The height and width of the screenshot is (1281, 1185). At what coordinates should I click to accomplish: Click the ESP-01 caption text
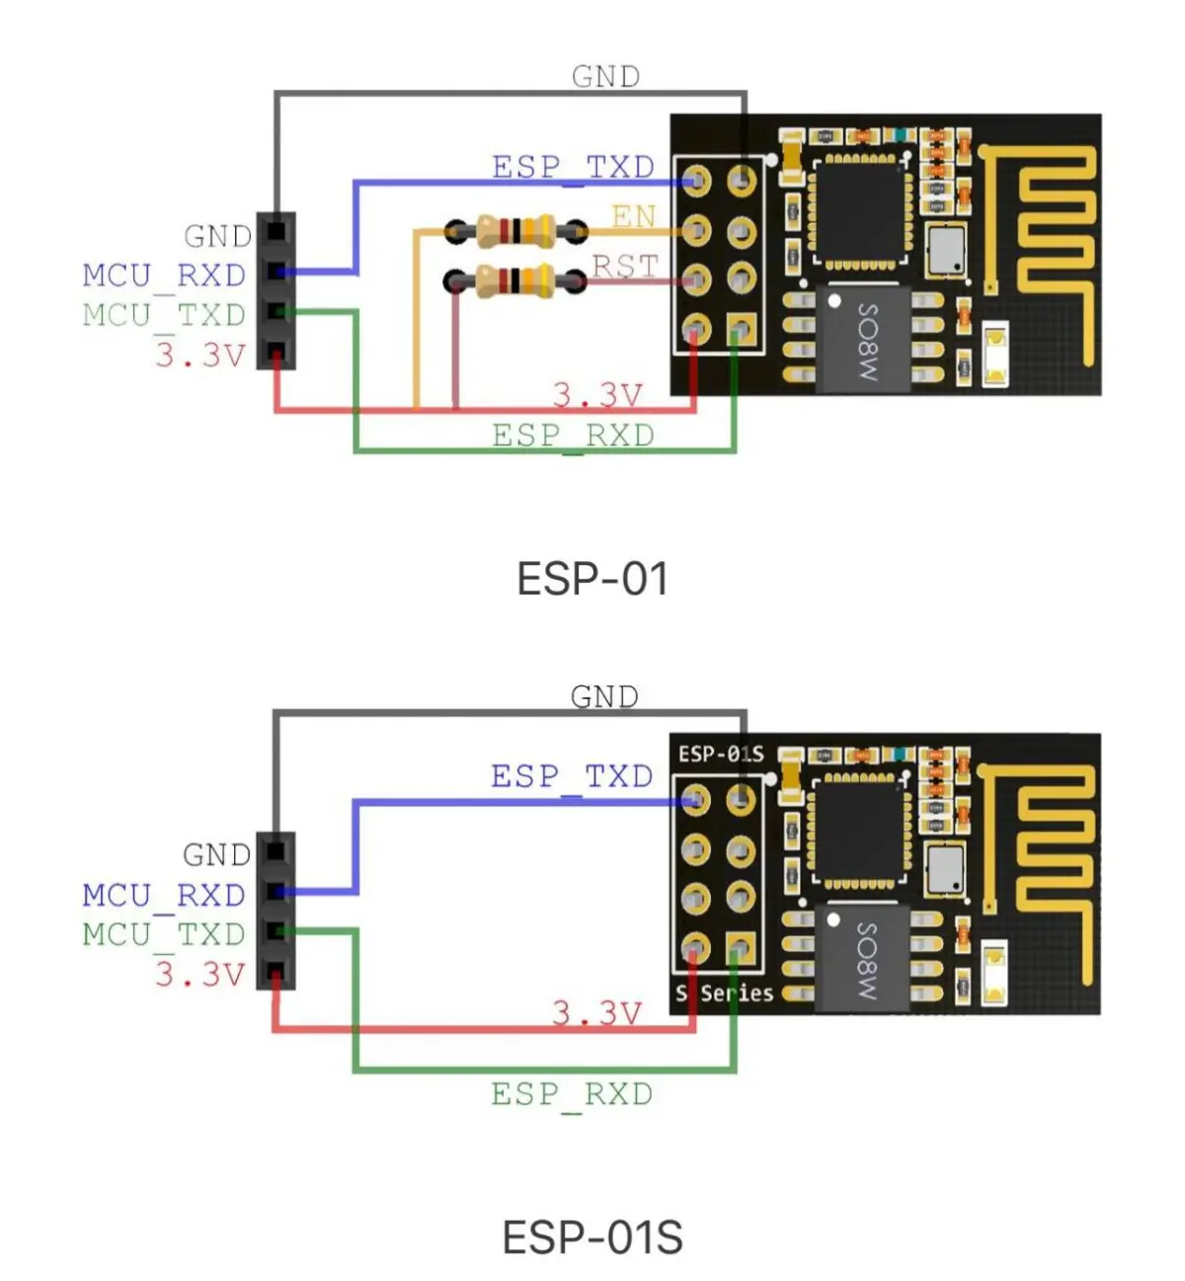tap(592, 579)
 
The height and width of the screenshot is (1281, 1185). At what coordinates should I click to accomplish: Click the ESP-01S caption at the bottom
tap(592, 1238)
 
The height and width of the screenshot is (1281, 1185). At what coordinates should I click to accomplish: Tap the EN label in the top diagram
tap(633, 215)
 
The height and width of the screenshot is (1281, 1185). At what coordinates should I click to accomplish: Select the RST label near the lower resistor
tap(625, 266)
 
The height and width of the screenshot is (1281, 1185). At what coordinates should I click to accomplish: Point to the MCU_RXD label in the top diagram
tap(164, 275)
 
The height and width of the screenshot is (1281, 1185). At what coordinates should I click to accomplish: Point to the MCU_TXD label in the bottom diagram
tap(164, 933)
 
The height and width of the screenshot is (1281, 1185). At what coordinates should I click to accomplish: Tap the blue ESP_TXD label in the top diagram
tap(573, 167)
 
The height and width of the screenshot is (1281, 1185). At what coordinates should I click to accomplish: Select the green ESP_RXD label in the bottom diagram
tap(572, 1094)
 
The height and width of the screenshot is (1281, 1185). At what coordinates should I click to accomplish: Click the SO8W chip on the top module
tap(862, 340)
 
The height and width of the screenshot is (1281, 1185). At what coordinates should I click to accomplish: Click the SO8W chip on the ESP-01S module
tap(862, 959)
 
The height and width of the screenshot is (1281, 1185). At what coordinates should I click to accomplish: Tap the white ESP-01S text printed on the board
tap(720, 755)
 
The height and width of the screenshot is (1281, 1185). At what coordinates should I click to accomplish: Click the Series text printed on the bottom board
tap(737, 993)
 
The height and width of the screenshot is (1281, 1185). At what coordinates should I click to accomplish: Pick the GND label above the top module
tap(605, 76)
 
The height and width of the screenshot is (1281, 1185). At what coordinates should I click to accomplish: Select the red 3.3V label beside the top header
tap(199, 355)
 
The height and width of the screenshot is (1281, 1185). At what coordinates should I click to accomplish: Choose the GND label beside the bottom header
tap(216, 854)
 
